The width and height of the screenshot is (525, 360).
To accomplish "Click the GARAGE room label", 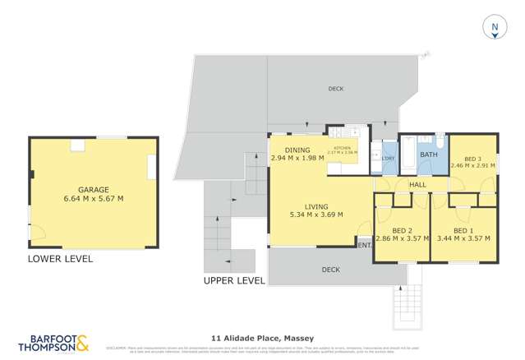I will point(93,189).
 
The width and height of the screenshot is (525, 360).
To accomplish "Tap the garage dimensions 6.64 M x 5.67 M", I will point(93,198).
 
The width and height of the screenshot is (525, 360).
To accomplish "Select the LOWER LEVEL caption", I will point(60,259).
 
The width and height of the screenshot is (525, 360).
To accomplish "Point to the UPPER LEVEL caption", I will point(234,280).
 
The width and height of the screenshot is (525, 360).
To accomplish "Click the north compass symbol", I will point(495,28).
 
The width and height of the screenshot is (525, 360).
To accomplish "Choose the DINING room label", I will point(297,150).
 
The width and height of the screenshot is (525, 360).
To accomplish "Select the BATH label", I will point(428,154).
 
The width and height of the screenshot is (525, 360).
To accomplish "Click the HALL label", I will point(417,185).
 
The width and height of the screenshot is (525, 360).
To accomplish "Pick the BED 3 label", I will point(472,159).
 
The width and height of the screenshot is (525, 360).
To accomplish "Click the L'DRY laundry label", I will point(388,159).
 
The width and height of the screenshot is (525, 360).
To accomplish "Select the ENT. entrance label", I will point(364,245).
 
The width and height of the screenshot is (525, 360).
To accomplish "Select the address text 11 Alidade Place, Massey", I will point(262,337).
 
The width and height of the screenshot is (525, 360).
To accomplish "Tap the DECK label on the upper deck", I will point(335,89).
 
